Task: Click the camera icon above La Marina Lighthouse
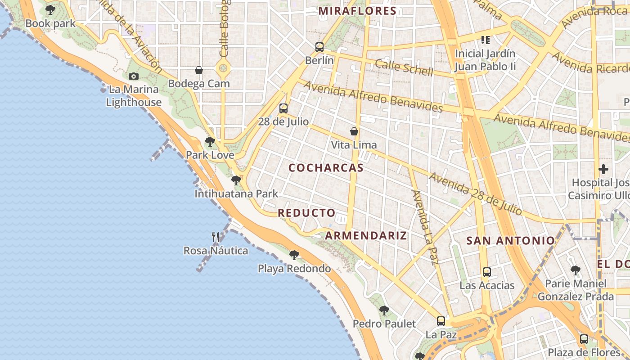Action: (134, 76)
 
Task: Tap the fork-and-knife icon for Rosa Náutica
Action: (216, 237)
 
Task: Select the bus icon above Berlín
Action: (319, 47)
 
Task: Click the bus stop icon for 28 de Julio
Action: (283, 108)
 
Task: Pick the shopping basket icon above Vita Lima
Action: (354, 131)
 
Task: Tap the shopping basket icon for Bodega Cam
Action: (199, 70)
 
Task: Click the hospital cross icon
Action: (603, 170)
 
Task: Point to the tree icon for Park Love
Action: (210, 142)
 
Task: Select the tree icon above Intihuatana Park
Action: (236, 180)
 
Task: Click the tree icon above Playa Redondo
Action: (294, 255)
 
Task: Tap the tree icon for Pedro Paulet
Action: (384, 310)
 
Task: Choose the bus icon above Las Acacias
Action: (486, 272)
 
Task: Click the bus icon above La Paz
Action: (441, 321)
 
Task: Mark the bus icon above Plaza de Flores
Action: (584, 339)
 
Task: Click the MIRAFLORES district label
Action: (357, 11)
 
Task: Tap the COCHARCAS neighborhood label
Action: (326, 168)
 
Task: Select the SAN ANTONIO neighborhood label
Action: (510, 240)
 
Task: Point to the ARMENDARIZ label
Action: (366, 235)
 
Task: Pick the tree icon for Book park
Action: (50, 10)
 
